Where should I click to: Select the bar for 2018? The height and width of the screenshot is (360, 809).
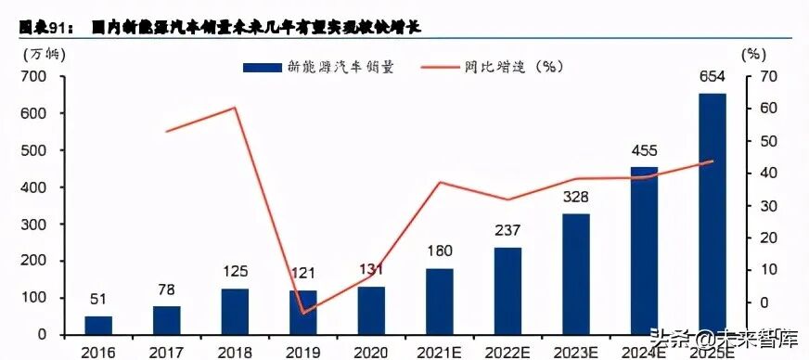tap(235, 311)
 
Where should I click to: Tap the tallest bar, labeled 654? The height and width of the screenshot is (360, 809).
tap(712, 213)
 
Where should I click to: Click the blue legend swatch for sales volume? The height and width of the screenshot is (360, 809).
tap(263, 67)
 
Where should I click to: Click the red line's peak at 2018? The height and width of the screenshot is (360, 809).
tap(235, 108)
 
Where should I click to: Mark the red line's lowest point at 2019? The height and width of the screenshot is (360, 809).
tap(303, 313)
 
